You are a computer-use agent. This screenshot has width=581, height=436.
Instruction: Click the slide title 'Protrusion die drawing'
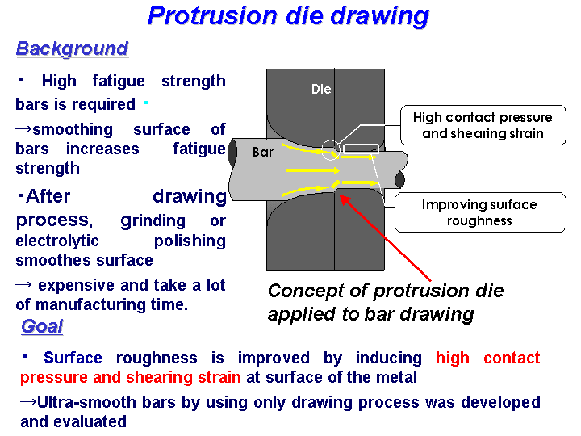click(288, 16)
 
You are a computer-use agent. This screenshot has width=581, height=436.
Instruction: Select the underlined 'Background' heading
click(73, 49)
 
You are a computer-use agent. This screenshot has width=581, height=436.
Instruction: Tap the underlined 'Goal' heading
click(42, 327)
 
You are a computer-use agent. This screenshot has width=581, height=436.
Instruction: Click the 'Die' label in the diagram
click(321, 89)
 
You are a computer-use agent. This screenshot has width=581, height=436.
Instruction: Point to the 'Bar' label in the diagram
click(263, 152)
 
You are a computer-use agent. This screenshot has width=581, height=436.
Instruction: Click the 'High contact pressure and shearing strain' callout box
click(483, 125)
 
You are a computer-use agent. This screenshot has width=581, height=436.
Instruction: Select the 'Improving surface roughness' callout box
click(480, 212)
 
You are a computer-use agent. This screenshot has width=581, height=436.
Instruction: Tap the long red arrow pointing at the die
click(386, 237)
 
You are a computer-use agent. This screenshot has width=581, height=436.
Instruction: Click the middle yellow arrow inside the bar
click(312, 170)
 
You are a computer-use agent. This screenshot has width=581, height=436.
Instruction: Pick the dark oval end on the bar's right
click(399, 179)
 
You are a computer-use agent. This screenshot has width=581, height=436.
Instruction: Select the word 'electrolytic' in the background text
click(57, 241)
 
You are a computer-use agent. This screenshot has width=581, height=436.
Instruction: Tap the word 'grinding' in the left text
click(153, 221)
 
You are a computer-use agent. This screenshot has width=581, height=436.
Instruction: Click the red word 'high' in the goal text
click(453, 358)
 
